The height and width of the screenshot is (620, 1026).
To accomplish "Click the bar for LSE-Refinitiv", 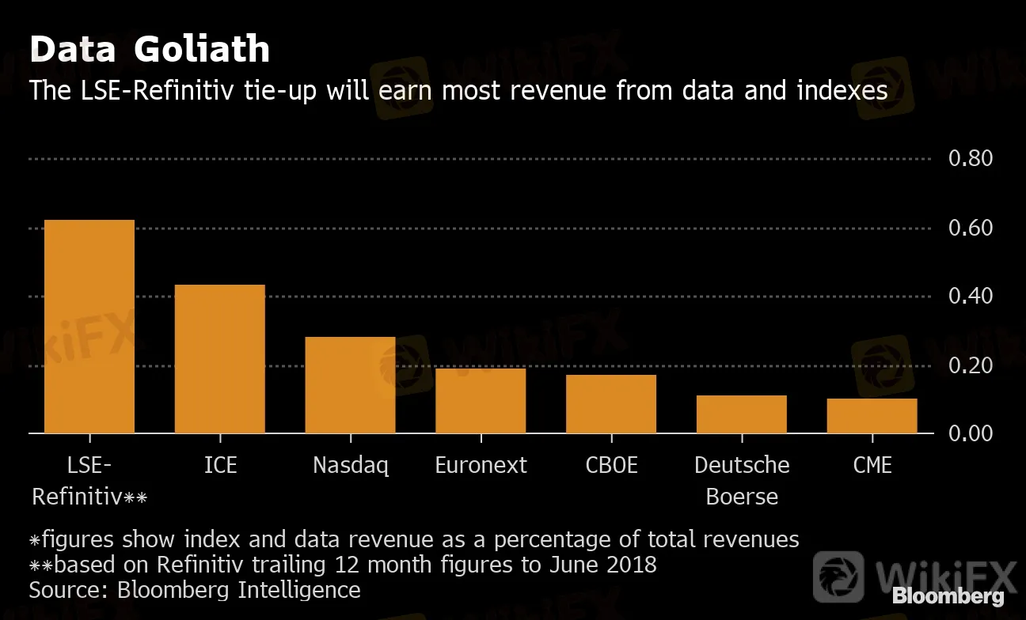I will click(x=89, y=327).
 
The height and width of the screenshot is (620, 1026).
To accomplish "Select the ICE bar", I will click(x=219, y=359).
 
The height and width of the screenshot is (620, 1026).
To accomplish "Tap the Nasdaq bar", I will click(x=350, y=385).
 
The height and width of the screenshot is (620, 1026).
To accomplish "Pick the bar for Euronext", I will click(x=481, y=401).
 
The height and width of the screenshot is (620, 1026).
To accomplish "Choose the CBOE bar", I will click(x=610, y=404).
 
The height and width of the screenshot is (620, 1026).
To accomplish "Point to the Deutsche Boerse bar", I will click(x=741, y=414).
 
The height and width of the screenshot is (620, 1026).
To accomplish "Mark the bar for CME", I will click(x=872, y=416).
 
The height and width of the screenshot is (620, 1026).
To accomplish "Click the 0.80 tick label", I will click(x=970, y=159).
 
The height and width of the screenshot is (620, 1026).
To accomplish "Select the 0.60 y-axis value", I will click(x=970, y=229).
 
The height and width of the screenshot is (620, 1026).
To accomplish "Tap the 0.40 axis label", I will click(x=970, y=297).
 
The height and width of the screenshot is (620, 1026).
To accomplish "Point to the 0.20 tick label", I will click(x=970, y=365).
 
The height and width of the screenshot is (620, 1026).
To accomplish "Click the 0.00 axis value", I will click(x=970, y=433).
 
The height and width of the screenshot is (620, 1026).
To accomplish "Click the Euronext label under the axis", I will click(x=481, y=465).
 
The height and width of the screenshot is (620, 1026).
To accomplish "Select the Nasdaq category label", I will click(x=350, y=465).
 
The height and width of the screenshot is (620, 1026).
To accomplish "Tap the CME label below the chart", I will click(x=872, y=465).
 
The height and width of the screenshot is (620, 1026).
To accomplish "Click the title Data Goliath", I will click(x=150, y=50).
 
